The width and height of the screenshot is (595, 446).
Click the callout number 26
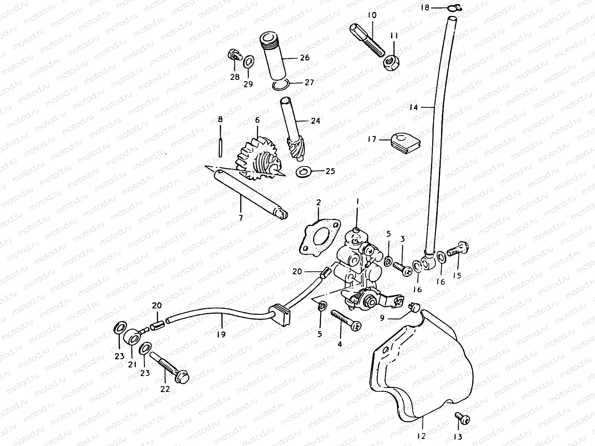pos(305,58)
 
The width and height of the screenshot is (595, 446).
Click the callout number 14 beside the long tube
pos(414,107)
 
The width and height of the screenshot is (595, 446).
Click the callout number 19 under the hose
pos(221,334)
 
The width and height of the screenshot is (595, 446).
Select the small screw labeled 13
pos(462,418)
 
